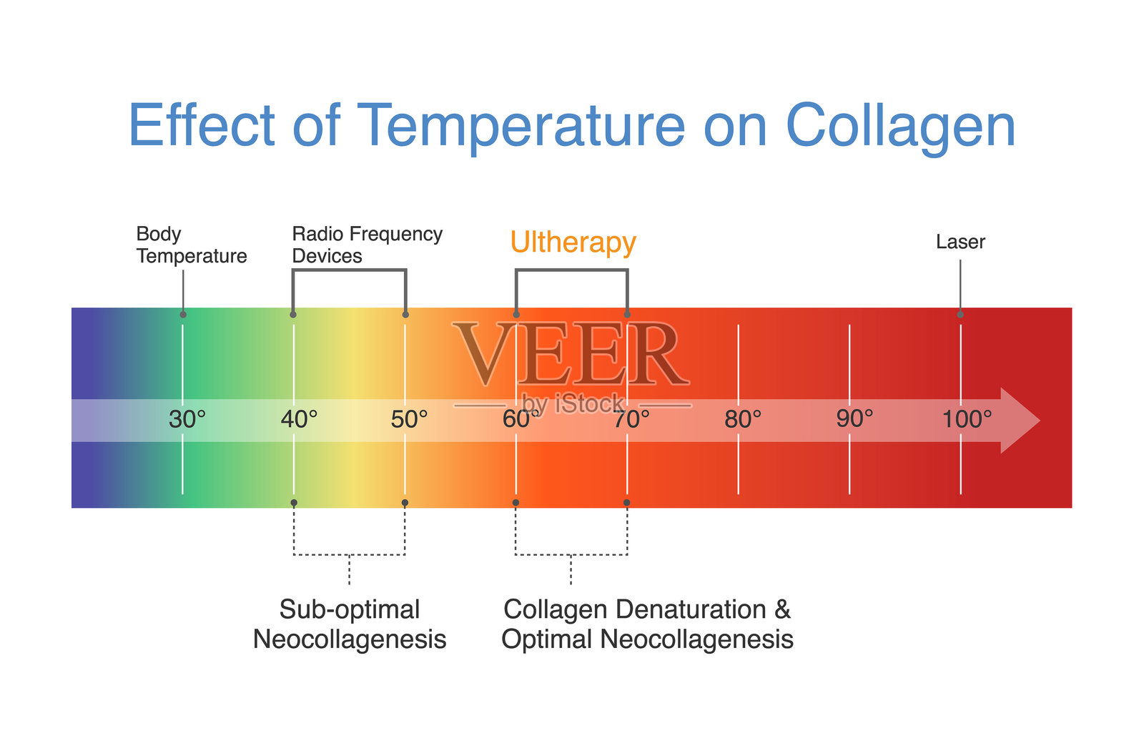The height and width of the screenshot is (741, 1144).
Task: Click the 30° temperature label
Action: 187,419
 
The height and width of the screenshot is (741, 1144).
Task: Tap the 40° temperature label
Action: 299,419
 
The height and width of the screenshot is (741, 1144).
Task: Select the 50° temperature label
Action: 410,419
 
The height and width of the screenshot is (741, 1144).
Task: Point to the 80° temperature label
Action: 743,419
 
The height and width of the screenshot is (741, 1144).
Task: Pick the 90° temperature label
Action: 854,419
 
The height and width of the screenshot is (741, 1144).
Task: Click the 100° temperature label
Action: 967,419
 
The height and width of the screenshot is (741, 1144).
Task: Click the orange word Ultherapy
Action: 573,242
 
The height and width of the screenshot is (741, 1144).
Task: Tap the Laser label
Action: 960,242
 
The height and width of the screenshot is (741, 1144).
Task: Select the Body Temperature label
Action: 191,245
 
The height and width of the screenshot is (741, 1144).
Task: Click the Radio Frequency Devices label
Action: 367,245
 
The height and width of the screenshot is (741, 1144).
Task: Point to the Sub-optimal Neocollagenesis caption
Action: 350,624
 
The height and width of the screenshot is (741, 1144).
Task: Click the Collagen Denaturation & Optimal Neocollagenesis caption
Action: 647,624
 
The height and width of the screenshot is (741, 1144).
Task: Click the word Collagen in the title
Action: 900,126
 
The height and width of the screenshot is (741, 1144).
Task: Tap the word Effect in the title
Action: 201,126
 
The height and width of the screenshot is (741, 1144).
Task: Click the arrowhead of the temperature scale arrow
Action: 1020,421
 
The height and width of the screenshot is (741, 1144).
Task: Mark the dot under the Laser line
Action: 960,315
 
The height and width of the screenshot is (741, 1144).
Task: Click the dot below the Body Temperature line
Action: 183,315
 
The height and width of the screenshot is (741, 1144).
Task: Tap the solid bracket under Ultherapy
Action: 572,270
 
